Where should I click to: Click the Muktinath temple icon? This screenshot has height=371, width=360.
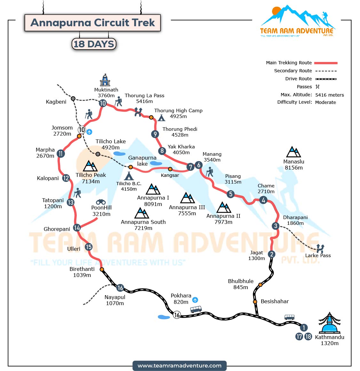click(x=105, y=80)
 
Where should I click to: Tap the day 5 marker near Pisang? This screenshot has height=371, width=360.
click(x=231, y=194)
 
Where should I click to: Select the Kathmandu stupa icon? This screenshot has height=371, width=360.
click(x=329, y=323)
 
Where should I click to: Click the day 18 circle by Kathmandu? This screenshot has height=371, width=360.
click(x=308, y=336)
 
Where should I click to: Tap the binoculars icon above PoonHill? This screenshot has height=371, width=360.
click(x=101, y=202)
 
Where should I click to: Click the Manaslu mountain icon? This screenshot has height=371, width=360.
click(x=293, y=152)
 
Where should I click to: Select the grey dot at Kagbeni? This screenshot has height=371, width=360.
click(x=73, y=99)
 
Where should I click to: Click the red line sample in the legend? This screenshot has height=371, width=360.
click(x=325, y=63)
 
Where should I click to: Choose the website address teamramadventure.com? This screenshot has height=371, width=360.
click(x=179, y=366)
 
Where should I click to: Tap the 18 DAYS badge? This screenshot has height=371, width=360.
click(x=94, y=44)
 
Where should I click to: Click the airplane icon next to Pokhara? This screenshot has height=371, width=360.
click(x=195, y=300)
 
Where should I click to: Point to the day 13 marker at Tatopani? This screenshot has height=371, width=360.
click(x=71, y=202)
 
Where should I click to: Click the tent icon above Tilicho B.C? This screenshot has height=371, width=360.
click(x=129, y=176)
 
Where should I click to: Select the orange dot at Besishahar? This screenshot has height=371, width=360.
click(x=255, y=302)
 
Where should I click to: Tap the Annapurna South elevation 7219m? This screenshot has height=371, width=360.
click(x=143, y=228)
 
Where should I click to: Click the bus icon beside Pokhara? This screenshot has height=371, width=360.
click(x=196, y=309)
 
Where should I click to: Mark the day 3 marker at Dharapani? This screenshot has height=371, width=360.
click(x=276, y=226)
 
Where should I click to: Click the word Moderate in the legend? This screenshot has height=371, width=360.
click(x=325, y=102)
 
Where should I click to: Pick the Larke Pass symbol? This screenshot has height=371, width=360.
click(x=320, y=248)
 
